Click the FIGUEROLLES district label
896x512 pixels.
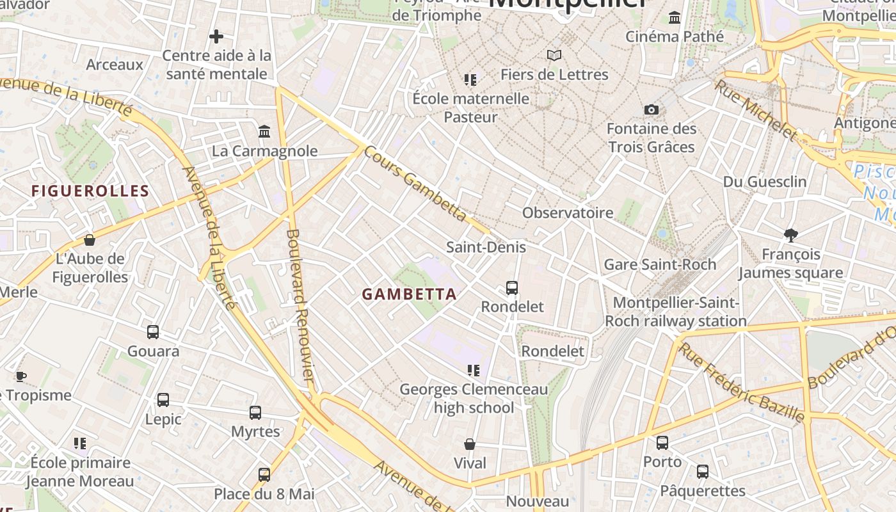90,191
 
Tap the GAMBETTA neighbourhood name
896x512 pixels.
409,294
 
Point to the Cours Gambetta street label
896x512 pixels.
415,184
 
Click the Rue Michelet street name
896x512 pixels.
756,110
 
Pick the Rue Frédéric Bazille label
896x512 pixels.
742,382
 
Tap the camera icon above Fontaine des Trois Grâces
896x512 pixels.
652,110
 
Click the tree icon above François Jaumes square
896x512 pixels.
790,236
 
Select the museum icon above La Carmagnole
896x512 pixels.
264,132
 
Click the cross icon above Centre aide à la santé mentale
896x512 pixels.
216,36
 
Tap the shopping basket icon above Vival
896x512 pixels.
470,444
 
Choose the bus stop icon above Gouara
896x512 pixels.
153,332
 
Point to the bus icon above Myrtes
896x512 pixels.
255,413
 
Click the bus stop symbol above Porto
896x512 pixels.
662,442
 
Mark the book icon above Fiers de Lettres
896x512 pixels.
554,56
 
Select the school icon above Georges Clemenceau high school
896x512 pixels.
473,371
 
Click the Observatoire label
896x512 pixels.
568,212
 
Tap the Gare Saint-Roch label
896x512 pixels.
660,264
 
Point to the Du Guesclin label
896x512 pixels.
765,182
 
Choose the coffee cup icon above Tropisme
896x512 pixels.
20,376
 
